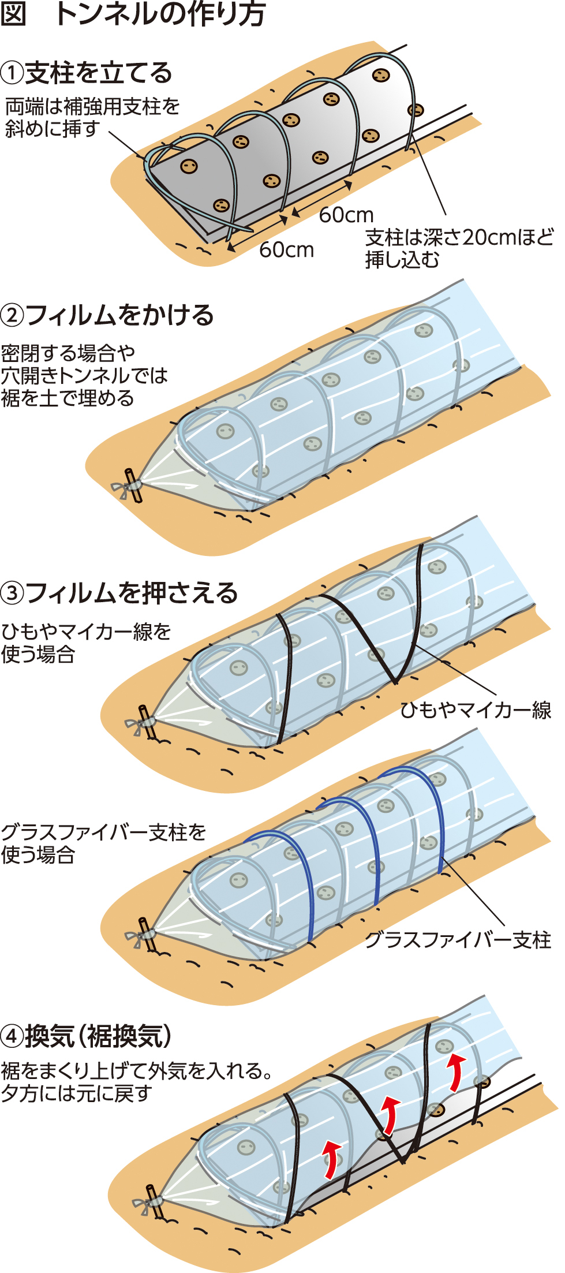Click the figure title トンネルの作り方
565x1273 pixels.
pyautogui.click(x=160, y=14)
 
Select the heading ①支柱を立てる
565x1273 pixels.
pyautogui.click(x=87, y=73)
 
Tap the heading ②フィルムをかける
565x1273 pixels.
pyautogui.click(x=107, y=315)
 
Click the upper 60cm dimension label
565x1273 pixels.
pyautogui.click(x=346, y=215)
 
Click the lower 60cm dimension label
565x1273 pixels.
pyautogui.click(x=286, y=249)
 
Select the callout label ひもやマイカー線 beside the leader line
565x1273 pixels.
pyautogui.click(x=476, y=710)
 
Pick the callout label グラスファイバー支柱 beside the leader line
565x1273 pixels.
pyautogui.click(x=458, y=940)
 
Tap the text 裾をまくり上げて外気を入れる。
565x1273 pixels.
pyautogui.click(x=137, y=1072)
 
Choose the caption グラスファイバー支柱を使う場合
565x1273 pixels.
pyautogui.click(x=103, y=843)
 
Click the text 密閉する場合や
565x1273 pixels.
pyautogui.click(x=68, y=352)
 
